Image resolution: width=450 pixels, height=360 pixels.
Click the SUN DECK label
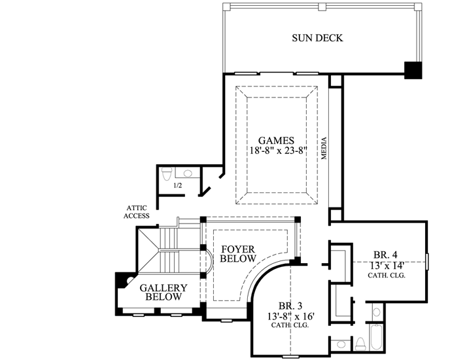click(x=317, y=38)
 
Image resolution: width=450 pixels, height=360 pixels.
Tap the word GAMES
click(x=275, y=140)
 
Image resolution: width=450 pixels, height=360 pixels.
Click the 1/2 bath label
click(x=177, y=186)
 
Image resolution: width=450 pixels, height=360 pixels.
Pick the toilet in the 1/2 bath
click(x=166, y=174)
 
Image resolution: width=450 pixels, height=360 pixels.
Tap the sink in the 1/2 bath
click(x=188, y=174)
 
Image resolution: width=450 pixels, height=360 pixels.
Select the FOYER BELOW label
click(x=238, y=254)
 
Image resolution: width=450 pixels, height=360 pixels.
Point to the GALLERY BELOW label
click(x=164, y=293)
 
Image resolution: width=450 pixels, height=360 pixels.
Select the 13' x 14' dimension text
click(x=386, y=265)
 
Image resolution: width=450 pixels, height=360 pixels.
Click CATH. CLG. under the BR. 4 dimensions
click(x=386, y=275)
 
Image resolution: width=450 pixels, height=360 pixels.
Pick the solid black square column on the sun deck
click(x=413, y=70)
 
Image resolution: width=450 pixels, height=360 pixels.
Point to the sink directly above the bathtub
click(x=376, y=312)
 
